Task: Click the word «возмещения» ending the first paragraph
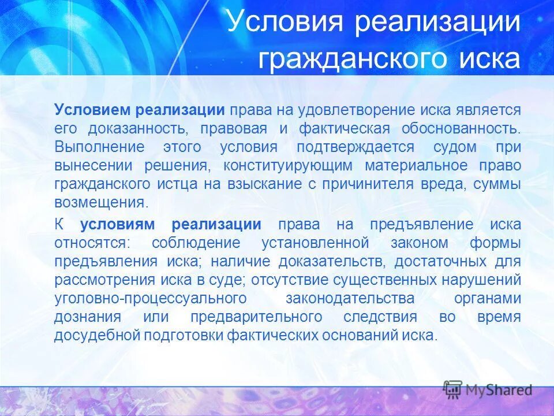point(99,203)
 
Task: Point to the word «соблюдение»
point(190,243)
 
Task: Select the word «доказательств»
point(332,262)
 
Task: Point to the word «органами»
point(488,299)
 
